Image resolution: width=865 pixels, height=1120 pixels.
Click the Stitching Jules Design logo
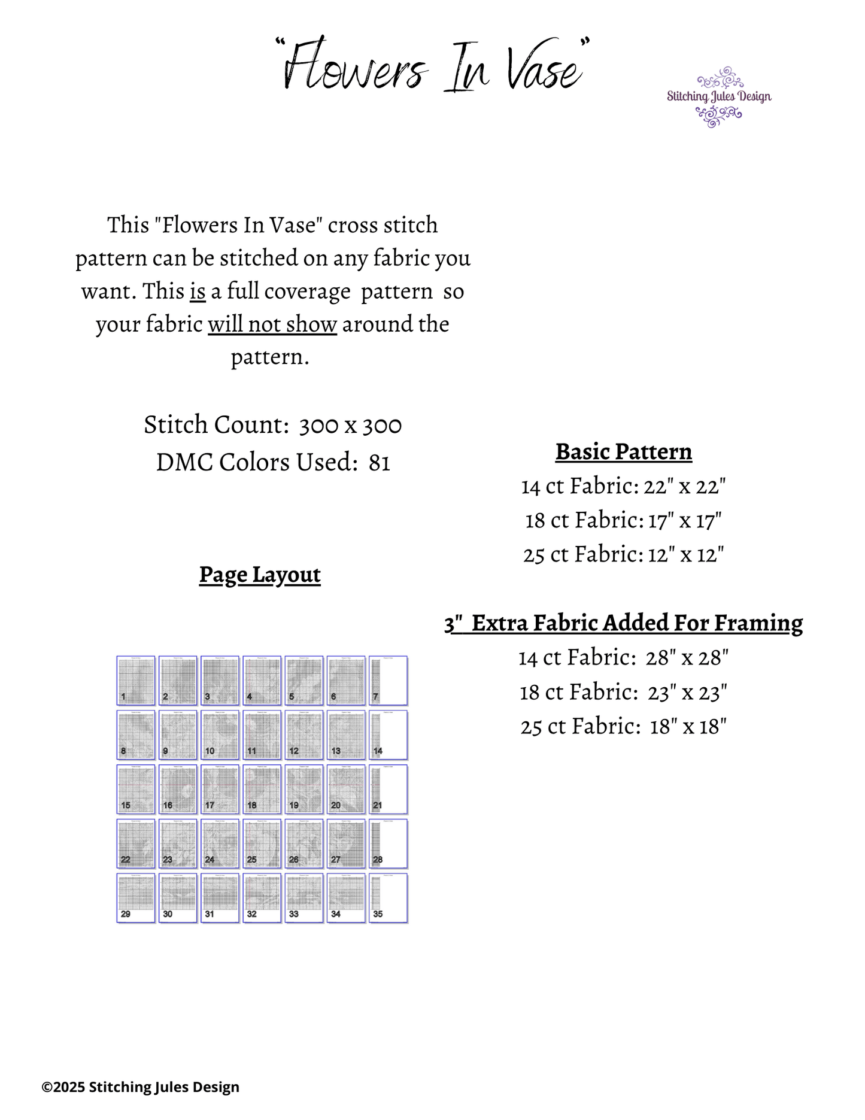719,97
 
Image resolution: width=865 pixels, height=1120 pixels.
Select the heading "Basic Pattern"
623,452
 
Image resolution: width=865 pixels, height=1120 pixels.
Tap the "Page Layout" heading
260,575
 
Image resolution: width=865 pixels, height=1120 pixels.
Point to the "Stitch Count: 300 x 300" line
272,425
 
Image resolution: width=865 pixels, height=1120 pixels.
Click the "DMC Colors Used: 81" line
273,463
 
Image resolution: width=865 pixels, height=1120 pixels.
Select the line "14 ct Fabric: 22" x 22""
623,486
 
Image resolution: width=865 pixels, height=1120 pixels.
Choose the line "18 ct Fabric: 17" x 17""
623,520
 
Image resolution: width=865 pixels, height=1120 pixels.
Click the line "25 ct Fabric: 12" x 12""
623,554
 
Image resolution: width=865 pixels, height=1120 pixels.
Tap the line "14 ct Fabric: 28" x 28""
623,658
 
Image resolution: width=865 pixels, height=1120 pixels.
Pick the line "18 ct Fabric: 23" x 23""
623,693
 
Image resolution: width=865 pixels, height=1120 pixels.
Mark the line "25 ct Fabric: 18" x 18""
623,727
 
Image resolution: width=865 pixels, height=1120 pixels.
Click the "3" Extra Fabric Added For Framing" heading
623,623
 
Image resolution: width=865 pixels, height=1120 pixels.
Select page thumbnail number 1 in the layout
136,681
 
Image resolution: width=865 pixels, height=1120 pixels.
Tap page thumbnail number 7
388,681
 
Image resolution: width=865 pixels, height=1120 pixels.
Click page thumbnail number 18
262,789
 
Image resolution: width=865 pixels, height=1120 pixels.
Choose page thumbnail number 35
388,898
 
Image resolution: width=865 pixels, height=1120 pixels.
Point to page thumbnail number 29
136,898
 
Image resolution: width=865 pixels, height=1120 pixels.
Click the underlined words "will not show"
272,324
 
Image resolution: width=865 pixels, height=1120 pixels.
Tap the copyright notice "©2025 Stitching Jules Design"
141,1087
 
